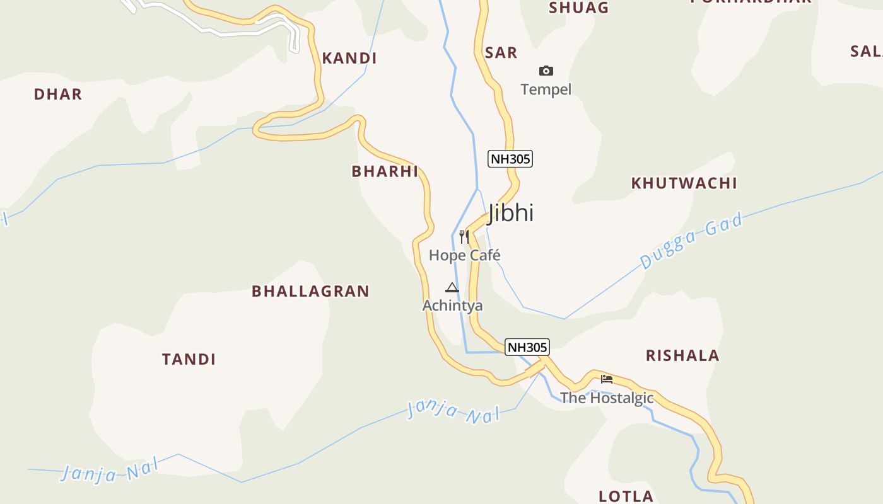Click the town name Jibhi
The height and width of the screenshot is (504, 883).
coord(511,213)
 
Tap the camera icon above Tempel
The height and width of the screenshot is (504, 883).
coord(546,71)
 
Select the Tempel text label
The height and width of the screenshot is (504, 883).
coord(546,89)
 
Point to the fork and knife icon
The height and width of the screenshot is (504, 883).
coord(464,237)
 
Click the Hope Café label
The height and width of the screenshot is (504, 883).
coord(465,255)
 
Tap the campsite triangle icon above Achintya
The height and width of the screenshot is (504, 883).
coord(452,288)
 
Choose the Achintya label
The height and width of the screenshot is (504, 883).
coord(453,306)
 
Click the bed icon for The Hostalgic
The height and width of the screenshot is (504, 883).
coord(607,379)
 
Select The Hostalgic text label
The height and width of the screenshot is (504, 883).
coord(607,398)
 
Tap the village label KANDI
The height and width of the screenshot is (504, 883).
coord(349,59)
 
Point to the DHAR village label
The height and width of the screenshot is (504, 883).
coord(58,94)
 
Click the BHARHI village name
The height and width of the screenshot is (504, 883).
coord(385,171)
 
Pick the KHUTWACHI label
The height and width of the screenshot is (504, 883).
coord(684,183)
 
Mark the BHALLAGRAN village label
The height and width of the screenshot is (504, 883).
coord(310,291)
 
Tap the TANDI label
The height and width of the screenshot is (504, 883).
coord(189,360)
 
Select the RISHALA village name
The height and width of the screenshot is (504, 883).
coord(682,356)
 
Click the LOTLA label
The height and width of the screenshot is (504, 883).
coord(626,496)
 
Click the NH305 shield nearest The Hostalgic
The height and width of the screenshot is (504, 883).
coord(527,347)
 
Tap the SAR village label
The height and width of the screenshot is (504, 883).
coord(501,53)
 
